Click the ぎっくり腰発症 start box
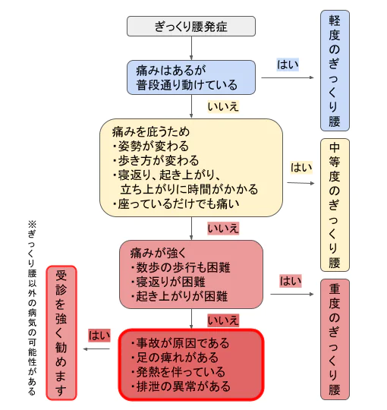[x=190, y=27]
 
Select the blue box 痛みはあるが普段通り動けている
[x=190, y=75]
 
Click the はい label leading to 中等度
[x=301, y=168]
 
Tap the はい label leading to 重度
[x=291, y=281]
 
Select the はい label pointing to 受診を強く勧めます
[x=99, y=335]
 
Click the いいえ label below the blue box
[x=223, y=106]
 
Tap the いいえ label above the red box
[x=223, y=320]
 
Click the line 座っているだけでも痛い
[x=176, y=203]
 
